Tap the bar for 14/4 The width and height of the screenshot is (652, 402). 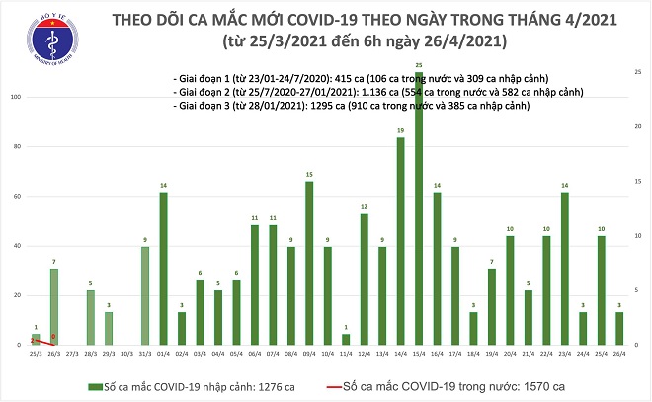400,242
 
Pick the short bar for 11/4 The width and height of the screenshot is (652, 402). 346,339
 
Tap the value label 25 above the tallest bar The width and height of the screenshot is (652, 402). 419,65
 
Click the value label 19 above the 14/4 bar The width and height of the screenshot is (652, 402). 400,130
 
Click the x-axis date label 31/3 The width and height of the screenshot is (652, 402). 145,353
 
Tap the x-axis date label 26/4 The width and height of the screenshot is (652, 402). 618,353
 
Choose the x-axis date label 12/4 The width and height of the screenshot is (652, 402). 364,353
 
